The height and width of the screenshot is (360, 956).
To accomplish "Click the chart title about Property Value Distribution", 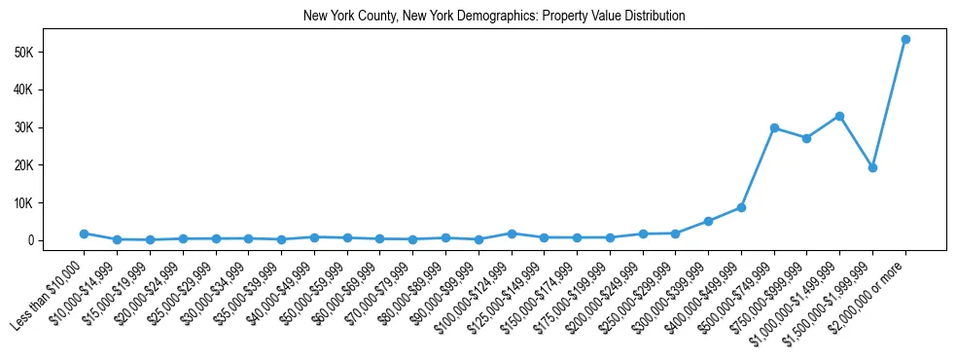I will click(494, 17).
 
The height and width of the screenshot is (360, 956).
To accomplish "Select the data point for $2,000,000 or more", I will click(905, 40).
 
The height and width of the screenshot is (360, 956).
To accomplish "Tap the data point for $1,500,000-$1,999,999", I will click(872, 167).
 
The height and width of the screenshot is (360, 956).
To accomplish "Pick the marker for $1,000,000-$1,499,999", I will click(839, 116).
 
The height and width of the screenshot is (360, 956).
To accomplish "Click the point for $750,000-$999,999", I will click(806, 138).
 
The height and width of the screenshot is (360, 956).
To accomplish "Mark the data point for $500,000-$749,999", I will click(774, 127).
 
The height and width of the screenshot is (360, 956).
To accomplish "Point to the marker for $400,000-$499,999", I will click(741, 207).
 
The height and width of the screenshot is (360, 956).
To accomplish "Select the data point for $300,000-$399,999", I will click(708, 221).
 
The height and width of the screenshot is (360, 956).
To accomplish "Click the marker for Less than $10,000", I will click(84, 234).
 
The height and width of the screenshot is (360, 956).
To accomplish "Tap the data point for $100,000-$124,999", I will click(512, 234).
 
